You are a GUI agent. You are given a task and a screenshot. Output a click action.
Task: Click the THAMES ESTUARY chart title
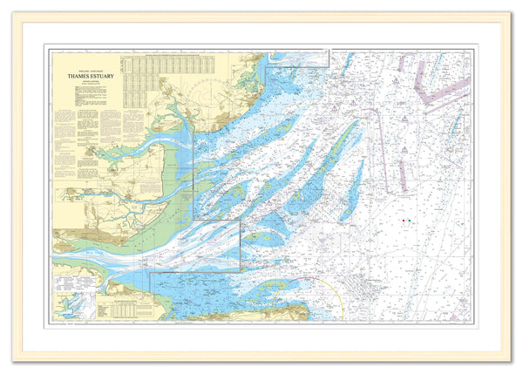(x=85, y=76)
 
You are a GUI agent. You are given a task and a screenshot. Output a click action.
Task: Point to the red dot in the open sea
(x=404, y=220)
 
